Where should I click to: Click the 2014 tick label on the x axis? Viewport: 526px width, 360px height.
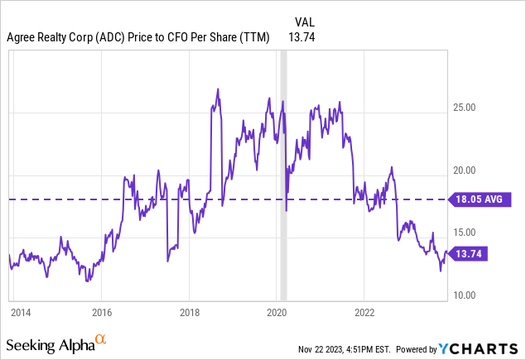pyautogui.click(x=20, y=313)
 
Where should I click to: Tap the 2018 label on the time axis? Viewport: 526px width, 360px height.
pyautogui.click(x=189, y=313)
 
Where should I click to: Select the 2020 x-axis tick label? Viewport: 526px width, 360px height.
pyautogui.click(x=277, y=313)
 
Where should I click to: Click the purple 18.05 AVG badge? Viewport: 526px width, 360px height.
pyautogui.click(x=480, y=199)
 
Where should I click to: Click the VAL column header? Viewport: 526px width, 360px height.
pyautogui.click(x=305, y=22)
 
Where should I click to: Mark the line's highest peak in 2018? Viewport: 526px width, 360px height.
pyautogui.click(x=217, y=89)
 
